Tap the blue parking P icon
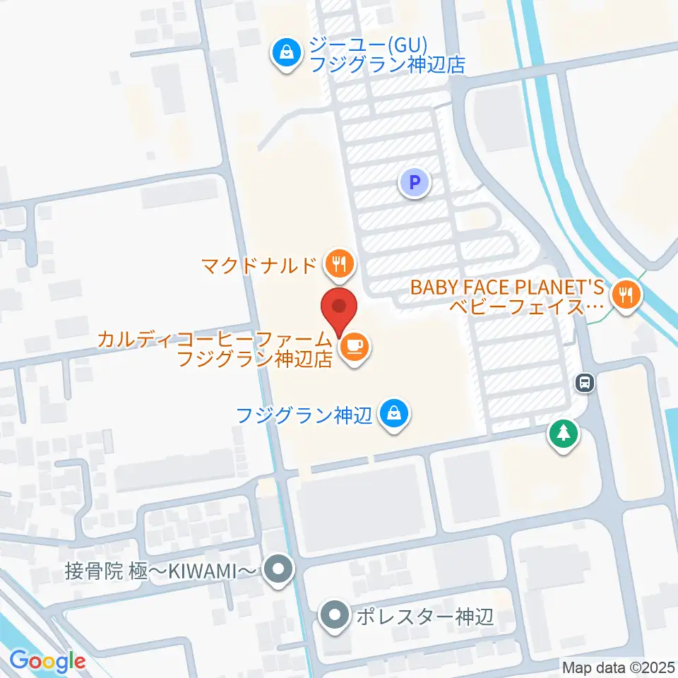tap(415, 184)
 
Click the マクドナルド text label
tap(258, 266)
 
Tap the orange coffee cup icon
tap(352, 347)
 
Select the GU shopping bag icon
tap(287, 52)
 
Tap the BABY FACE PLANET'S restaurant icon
tap(625, 295)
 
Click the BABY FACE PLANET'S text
tap(508, 287)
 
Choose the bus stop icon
tap(585, 383)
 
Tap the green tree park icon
tap(563, 434)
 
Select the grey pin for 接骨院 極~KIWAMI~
tap(278, 569)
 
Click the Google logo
tap(47, 662)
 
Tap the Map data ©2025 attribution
tap(618, 667)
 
